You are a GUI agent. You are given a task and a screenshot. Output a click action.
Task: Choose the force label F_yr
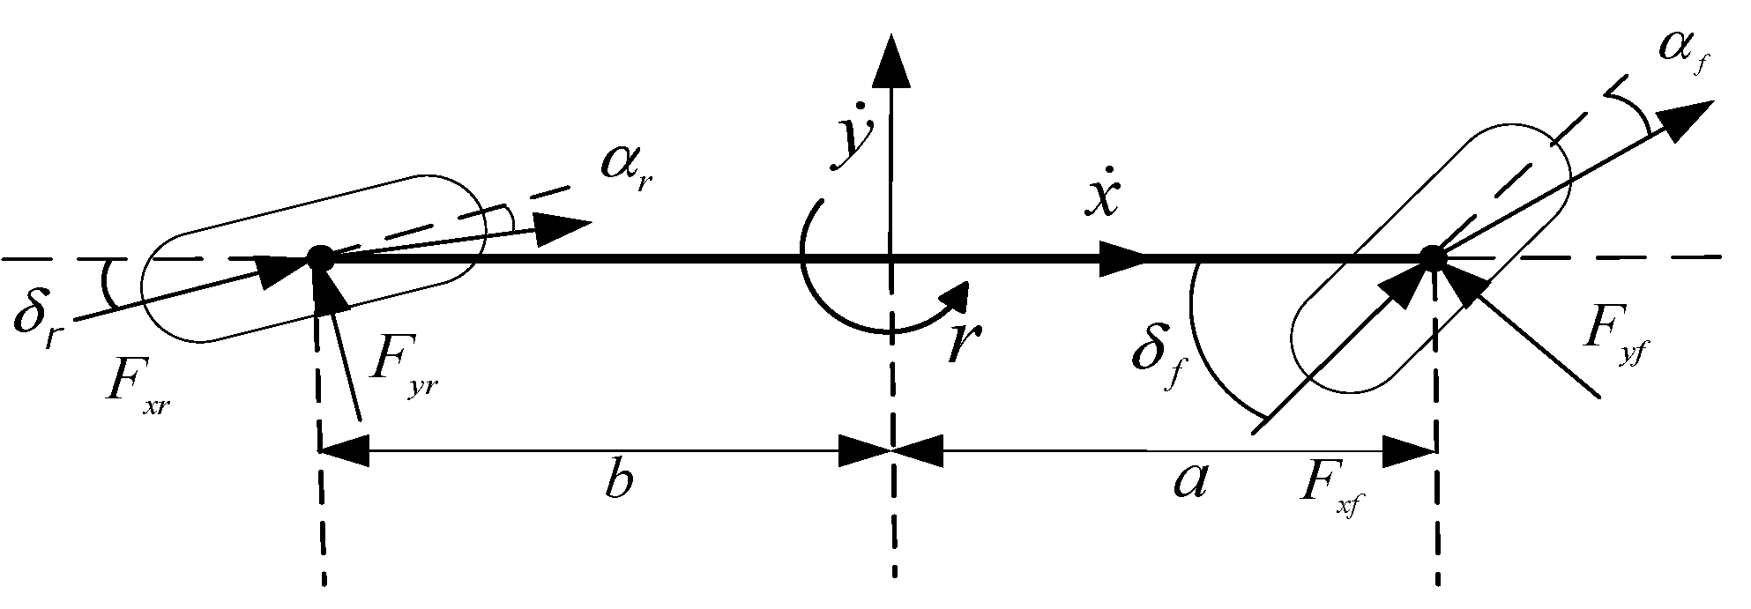[x=401, y=370]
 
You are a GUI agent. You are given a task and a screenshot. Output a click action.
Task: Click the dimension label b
[x=620, y=482]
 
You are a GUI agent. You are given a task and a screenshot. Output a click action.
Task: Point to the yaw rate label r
[x=964, y=343]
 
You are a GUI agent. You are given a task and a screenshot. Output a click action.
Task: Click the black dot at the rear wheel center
[x=319, y=258]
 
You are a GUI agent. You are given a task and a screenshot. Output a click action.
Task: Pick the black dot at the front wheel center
[x=1433, y=257]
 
